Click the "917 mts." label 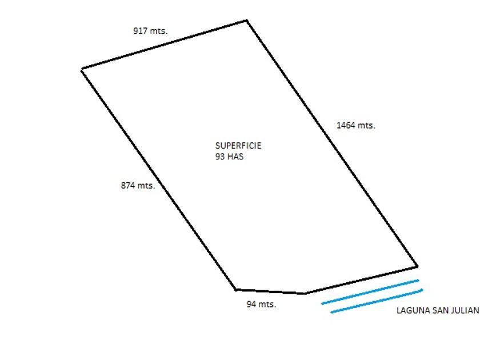click(150, 31)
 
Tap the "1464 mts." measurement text click(355, 125)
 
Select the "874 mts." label click(138, 185)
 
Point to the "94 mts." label click(261, 305)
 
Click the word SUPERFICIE click(238, 146)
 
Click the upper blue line click(370, 291)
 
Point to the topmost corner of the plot click(246, 21)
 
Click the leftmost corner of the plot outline click(82, 69)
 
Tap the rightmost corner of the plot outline click(417, 266)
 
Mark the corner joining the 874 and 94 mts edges click(235, 289)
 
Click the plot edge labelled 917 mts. click(165, 45)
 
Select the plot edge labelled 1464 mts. click(331, 143)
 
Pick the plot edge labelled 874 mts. click(159, 179)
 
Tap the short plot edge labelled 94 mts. click(270, 291)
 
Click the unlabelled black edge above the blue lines click(361, 280)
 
